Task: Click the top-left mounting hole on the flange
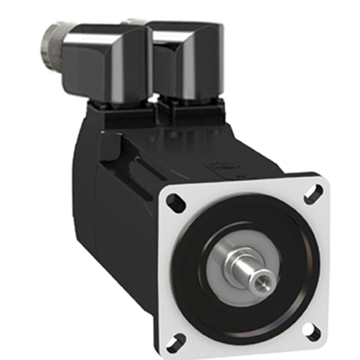[x=174, y=200]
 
